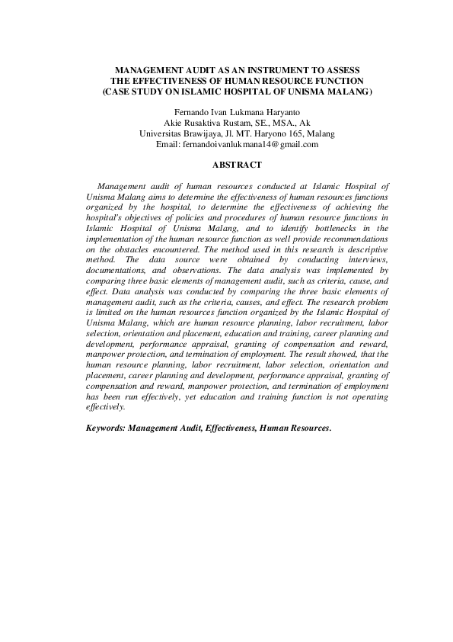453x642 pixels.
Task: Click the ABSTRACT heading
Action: click(237, 165)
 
